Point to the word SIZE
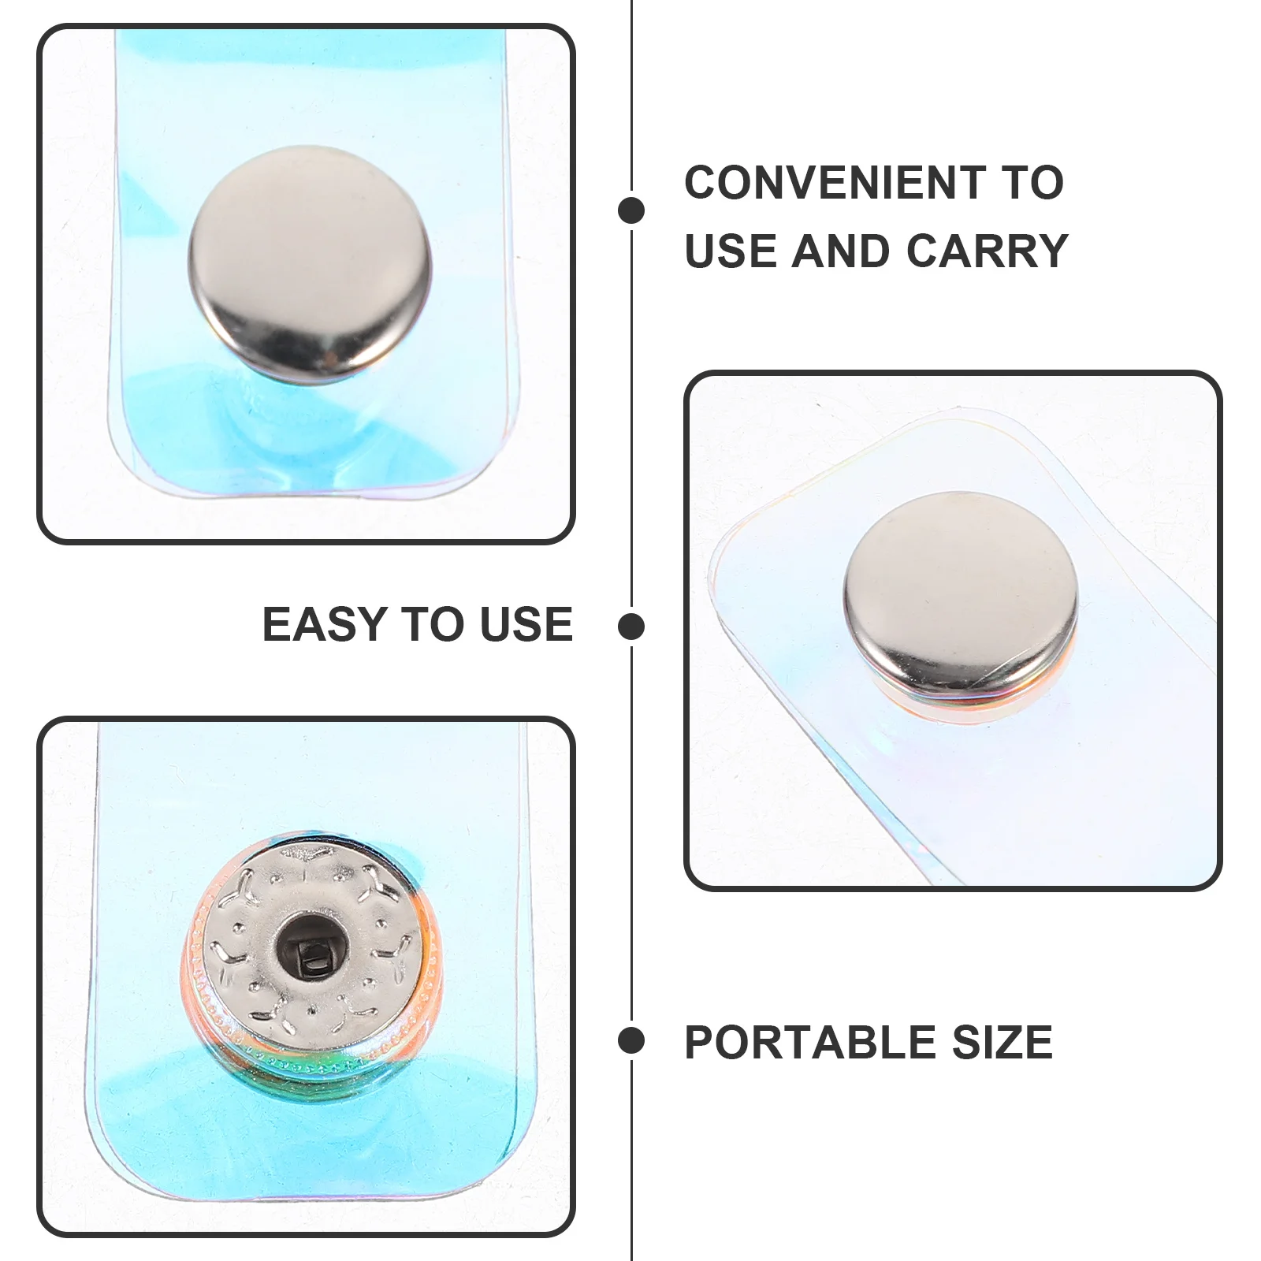(x=1002, y=1043)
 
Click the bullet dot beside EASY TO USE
(x=631, y=627)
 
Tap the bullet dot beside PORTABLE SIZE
(x=631, y=1040)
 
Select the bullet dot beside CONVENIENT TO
(x=631, y=210)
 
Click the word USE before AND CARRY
(x=731, y=251)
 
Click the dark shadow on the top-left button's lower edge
(x=315, y=370)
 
